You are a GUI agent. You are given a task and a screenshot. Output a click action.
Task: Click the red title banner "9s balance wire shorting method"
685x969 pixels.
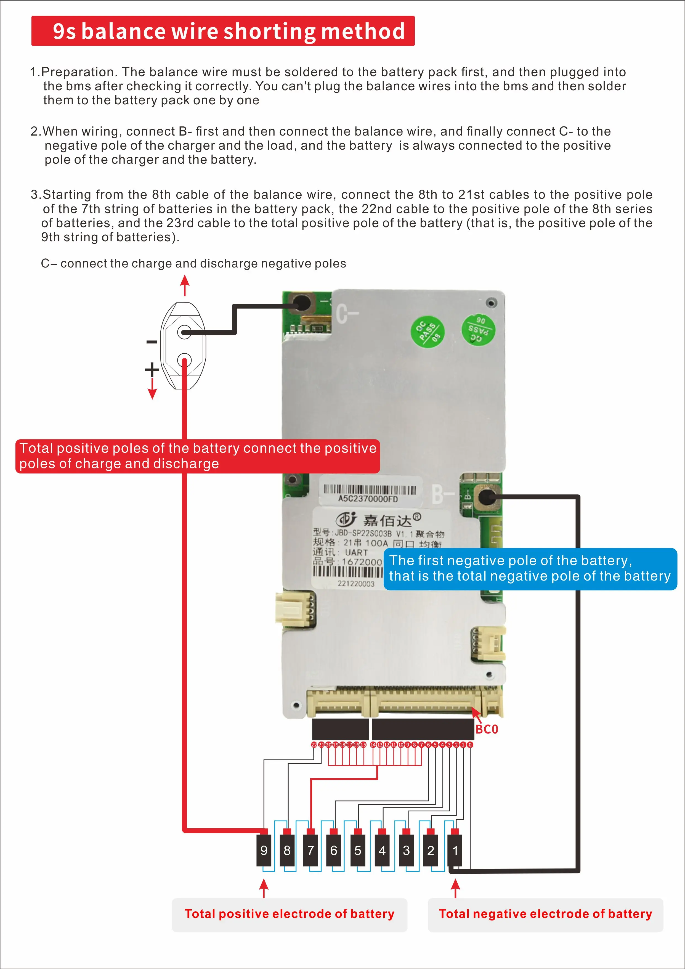tap(223, 31)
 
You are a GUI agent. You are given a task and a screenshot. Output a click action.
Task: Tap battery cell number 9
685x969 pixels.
tap(264, 850)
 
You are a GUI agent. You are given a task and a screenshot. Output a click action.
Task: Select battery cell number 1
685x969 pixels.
tap(455, 850)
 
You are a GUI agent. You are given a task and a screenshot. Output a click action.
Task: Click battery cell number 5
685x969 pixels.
tap(358, 850)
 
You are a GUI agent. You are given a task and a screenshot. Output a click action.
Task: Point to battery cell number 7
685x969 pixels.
tap(310, 850)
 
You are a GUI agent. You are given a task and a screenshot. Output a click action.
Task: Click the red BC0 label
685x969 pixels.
tap(487, 729)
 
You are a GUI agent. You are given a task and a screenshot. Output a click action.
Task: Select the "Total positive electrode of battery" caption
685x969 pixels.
tap(289, 914)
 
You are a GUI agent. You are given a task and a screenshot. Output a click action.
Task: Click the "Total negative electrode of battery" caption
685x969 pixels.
tap(545, 914)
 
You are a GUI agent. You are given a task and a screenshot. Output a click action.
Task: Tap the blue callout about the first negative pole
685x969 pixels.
tap(530, 568)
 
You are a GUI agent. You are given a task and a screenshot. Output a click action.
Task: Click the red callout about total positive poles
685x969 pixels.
tap(197, 456)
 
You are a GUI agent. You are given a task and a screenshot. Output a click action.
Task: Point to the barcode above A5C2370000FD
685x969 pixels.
tap(370, 489)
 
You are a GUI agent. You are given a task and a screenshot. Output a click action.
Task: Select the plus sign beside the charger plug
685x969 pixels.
tap(152, 369)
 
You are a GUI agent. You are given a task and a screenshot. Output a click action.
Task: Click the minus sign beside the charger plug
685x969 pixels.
tap(152, 342)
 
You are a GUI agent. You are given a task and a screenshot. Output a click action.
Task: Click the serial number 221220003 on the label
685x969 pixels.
tap(355, 583)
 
